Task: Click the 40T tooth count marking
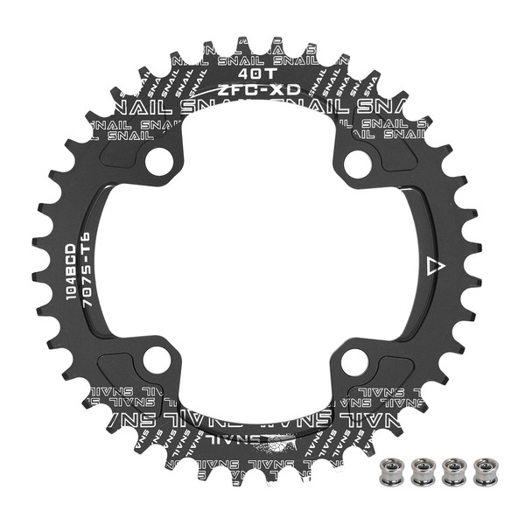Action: click(x=260, y=74)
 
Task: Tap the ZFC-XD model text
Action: click(x=260, y=90)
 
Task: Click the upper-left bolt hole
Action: click(x=157, y=161)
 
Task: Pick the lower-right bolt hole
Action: click(x=354, y=360)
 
